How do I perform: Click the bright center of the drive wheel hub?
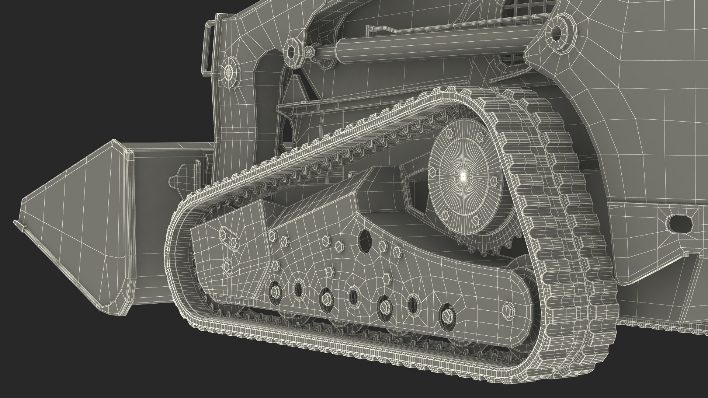point(463,177)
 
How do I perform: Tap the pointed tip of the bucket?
point(18,223)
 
